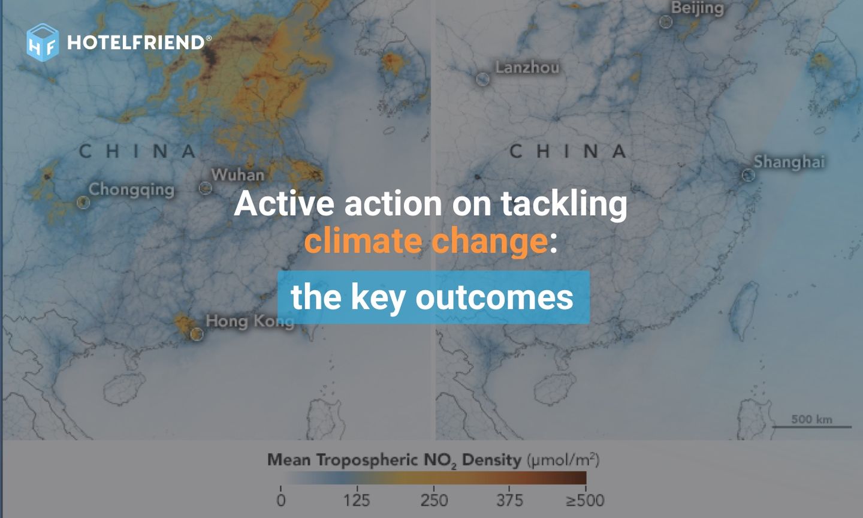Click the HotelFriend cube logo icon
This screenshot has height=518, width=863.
tap(43, 43)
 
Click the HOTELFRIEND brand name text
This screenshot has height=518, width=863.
tap(136, 43)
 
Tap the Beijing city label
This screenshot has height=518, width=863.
tap(697, 8)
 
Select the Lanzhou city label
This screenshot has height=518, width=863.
tap(527, 67)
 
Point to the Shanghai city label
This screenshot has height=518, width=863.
tap(789, 162)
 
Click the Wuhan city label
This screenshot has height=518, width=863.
tap(237, 175)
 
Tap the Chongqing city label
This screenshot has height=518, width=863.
tap(131, 189)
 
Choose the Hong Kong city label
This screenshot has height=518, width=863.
tap(249, 321)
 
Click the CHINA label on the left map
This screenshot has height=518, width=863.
tap(138, 152)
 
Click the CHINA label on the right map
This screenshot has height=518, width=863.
tap(568, 152)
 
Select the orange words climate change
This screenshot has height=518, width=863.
tap(426, 241)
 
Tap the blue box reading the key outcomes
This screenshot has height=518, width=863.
tap(433, 297)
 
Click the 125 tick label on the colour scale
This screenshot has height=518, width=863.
tap(357, 500)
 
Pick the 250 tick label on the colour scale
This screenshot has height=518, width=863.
tap(434, 500)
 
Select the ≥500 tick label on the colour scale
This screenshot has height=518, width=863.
tap(585, 500)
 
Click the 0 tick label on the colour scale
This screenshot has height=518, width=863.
tap(281, 500)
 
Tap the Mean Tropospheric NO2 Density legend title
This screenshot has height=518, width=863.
tap(433, 460)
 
